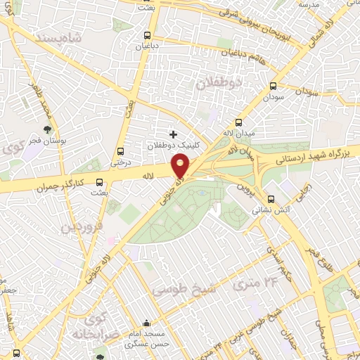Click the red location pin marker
pos(181,167)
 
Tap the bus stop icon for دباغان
pos(146,36)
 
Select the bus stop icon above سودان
pos(273,86)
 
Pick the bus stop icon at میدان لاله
pos(238,122)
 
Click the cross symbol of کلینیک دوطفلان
pos(173,134)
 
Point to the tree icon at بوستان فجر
pos(46,129)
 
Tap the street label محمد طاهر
pos(39,102)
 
